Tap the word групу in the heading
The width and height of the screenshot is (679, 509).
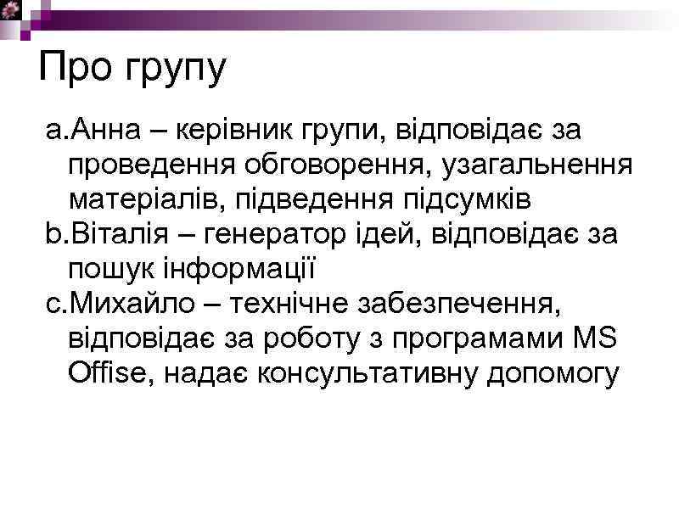point(176,70)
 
